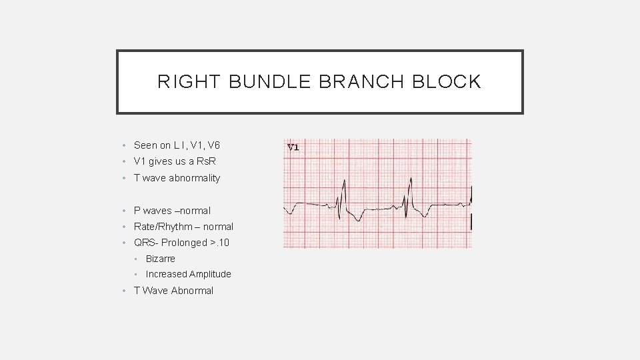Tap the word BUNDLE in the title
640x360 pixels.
pos(270,82)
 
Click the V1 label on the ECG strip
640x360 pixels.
pos(293,147)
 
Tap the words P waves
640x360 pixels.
pos(153,211)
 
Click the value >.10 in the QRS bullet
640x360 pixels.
pos(220,243)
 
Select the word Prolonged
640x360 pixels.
pos(184,243)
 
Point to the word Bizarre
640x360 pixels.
pos(161,259)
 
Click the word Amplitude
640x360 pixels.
pos(210,274)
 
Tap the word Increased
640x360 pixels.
pos(166,274)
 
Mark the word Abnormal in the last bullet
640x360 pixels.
pos(192,291)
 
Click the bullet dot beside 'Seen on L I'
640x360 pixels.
pos(125,145)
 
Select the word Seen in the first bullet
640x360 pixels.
pos(145,145)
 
